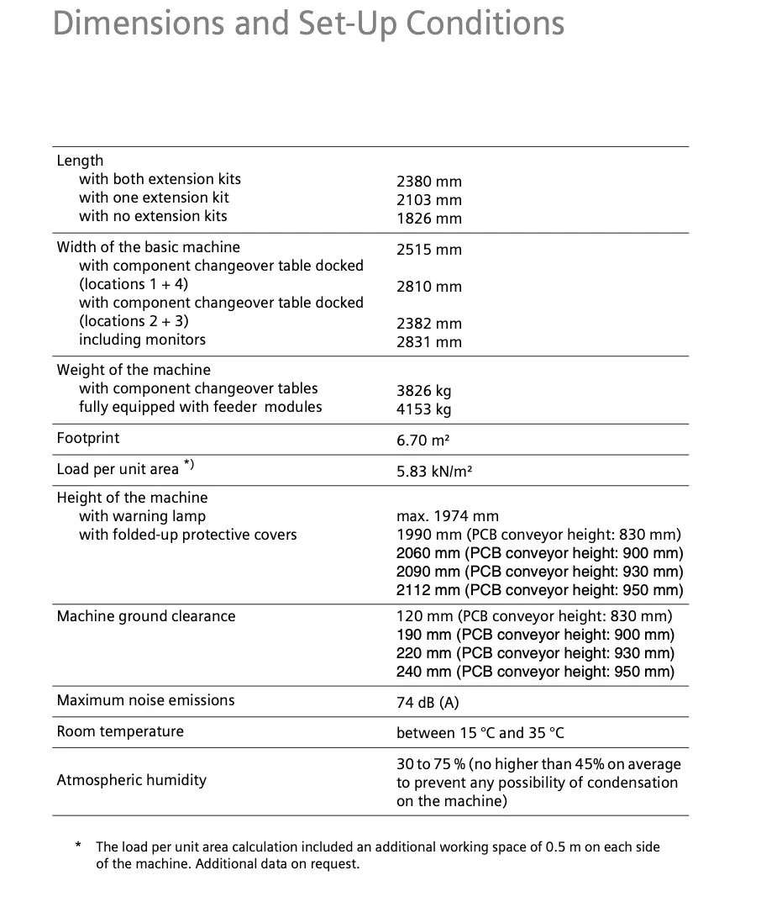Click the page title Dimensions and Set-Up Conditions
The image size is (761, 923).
click(x=308, y=24)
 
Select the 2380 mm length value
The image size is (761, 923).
click(x=428, y=182)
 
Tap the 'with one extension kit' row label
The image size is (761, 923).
click(x=154, y=198)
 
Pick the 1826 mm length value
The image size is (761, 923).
click(x=428, y=219)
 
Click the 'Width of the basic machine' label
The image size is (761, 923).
click(x=148, y=247)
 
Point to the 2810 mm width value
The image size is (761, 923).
click(x=428, y=287)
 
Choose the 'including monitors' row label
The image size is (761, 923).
click(x=142, y=340)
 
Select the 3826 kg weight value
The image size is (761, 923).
click(x=423, y=391)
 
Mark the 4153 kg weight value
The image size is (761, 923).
click(x=423, y=409)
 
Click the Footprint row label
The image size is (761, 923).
click(x=88, y=438)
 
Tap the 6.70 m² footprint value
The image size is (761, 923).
click(x=425, y=440)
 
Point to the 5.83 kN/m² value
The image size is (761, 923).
click(x=433, y=472)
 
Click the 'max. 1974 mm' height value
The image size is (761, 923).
click(x=447, y=516)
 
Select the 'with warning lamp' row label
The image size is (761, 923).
click(x=142, y=516)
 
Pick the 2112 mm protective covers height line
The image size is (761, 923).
click(x=539, y=590)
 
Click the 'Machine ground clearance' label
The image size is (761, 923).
click(x=146, y=616)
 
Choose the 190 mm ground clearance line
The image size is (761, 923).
click(x=535, y=635)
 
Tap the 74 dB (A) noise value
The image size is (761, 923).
click(x=428, y=702)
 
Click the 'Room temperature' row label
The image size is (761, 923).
click(x=120, y=731)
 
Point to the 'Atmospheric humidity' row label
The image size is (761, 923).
click(x=131, y=780)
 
